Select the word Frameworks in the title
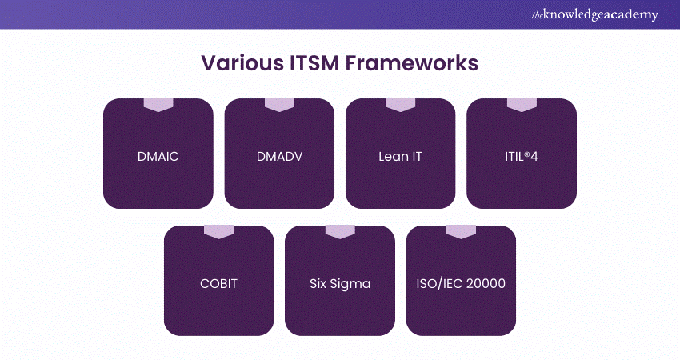coord(410,63)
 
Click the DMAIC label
coord(158,156)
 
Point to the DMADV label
coord(279,156)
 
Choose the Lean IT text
coord(400,156)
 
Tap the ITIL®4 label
coord(521,156)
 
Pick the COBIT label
coord(218,283)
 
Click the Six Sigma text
coord(339,283)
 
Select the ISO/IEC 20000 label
coord(461,283)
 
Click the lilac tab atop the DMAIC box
coord(158,105)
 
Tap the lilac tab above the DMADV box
coord(279,105)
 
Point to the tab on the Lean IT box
coord(400,105)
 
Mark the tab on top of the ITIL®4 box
coord(522,105)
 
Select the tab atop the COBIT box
coord(218,232)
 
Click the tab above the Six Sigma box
coord(340,232)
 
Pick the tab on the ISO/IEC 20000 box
coord(461,232)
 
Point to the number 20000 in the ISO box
coord(487,283)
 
